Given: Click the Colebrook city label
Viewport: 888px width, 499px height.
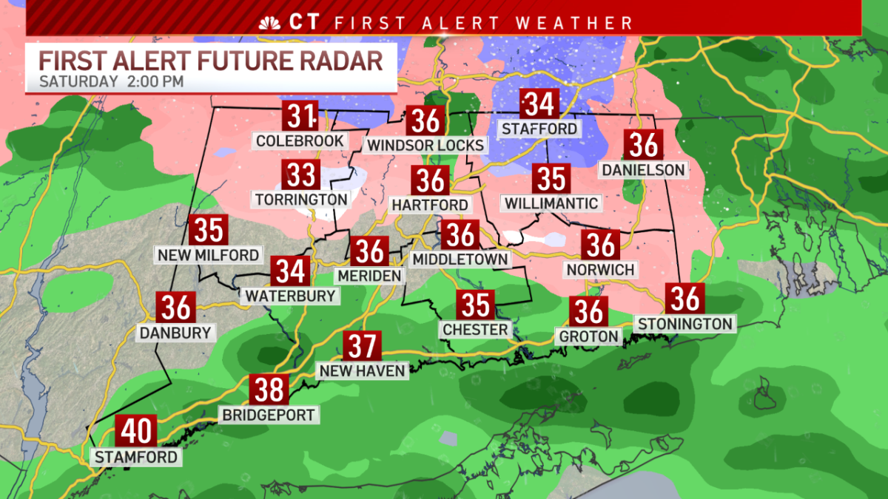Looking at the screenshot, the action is (300, 140).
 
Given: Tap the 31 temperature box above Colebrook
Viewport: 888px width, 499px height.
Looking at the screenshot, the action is (300, 116).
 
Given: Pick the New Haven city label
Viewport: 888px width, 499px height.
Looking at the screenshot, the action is (362, 370).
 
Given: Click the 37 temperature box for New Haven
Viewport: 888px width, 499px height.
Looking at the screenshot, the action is (362, 346).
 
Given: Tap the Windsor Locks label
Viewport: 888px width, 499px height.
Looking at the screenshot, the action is (425, 145).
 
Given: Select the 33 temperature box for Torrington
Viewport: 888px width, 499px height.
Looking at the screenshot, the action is (300, 175).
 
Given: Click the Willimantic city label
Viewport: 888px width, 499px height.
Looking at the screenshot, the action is (551, 203).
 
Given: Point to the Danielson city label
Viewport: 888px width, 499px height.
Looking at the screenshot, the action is (643, 170).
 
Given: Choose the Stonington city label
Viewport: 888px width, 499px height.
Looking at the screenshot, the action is (685, 323).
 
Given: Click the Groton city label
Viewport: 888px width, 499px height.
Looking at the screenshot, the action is (589, 336).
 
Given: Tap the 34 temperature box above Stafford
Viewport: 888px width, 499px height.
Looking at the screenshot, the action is (539, 104).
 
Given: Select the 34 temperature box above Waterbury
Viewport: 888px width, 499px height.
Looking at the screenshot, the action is (290, 271).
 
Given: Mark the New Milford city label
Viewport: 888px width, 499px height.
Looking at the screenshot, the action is (208, 255).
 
